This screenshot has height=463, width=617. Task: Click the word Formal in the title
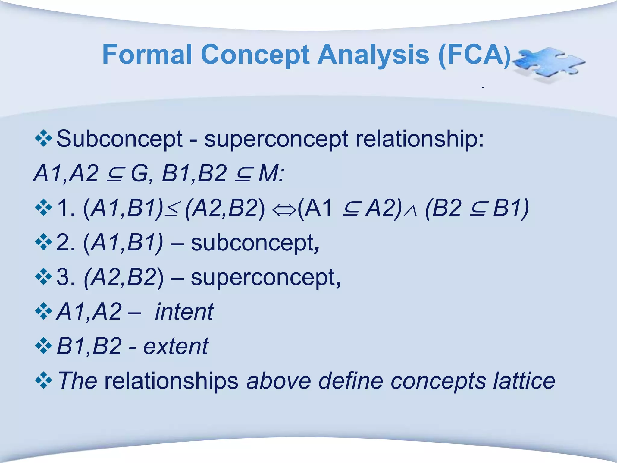point(147,55)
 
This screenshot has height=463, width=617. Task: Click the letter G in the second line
point(139,174)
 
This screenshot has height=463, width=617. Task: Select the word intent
point(184,312)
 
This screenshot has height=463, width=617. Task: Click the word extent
point(176,346)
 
